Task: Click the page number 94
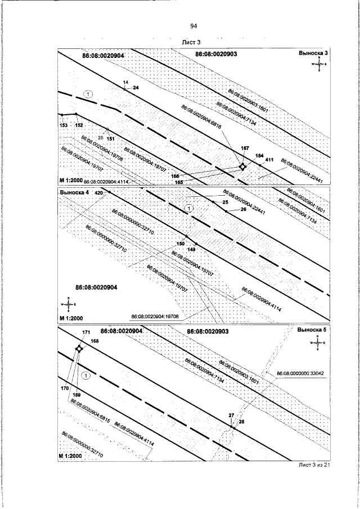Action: [x=193, y=26]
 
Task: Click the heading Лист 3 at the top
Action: [x=192, y=42]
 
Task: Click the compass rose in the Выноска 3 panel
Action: [x=319, y=65]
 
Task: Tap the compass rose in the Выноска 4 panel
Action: [x=68, y=304]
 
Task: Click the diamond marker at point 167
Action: [x=242, y=166]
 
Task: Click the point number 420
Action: [x=99, y=192]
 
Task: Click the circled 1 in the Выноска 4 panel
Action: [x=190, y=208]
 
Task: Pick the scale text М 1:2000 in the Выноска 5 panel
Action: [x=71, y=456]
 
